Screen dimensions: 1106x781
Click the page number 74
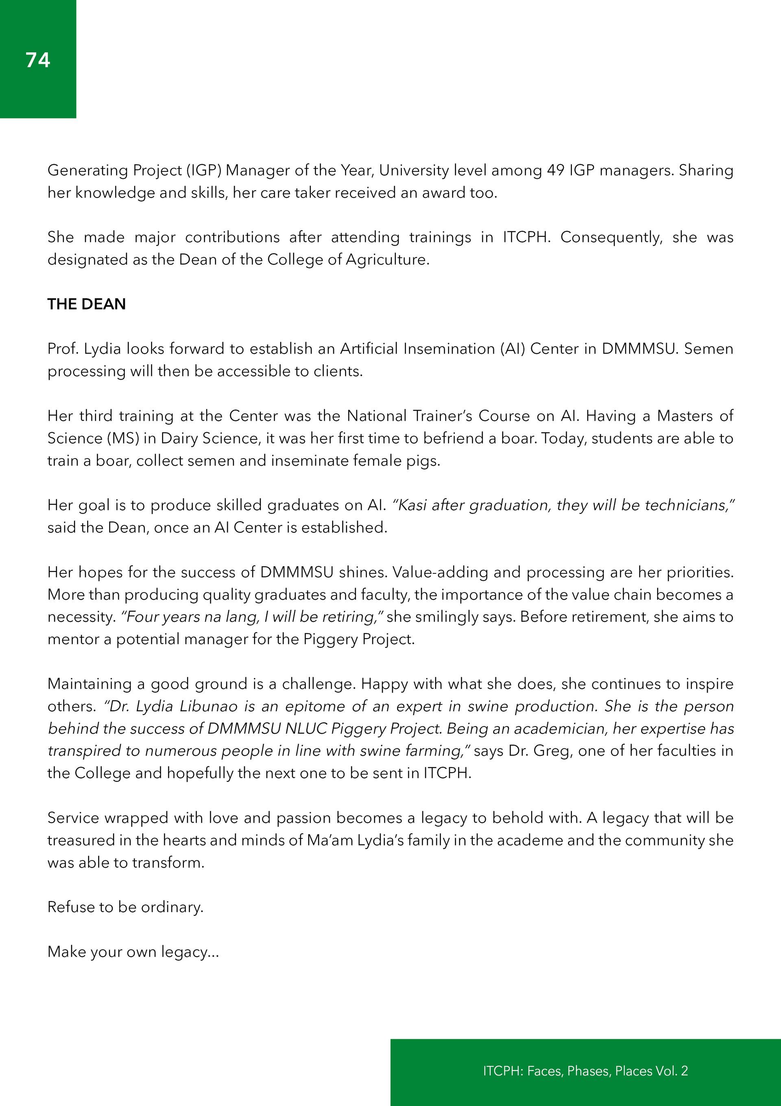(x=37, y=60)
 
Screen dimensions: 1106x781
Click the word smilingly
(x=447, y=617)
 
